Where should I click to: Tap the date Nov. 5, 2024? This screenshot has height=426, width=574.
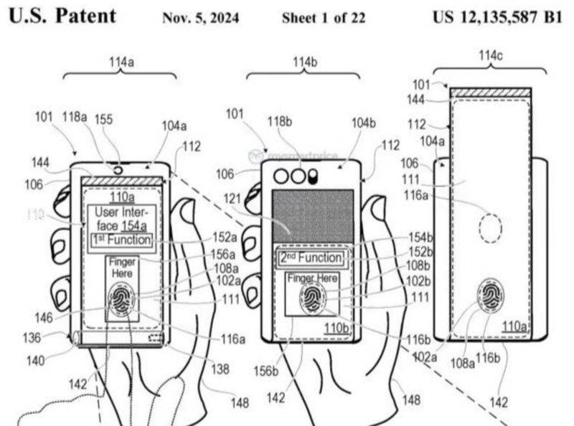pyautogui.click(x=202, y=18)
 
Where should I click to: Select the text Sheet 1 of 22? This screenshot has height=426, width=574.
pyautogui.click(x=323, y=18)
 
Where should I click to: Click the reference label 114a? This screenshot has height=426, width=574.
pyautogui.click(x=121, y=63)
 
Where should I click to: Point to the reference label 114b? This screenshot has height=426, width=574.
pyautogui.click(x=304, y=62)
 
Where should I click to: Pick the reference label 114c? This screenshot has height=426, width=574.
pyautogui.click(x=490, y=55)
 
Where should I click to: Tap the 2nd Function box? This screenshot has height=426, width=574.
pyautogui.click(x=312, y=257)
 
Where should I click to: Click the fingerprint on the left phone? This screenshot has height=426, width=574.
pyautogui.click(x=121, y=299)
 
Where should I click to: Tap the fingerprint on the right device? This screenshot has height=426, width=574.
pyautogui.click(x=491, y=295)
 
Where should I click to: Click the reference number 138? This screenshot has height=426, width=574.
pyautogui.click(x=220, y=369)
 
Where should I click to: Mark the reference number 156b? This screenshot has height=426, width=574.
pyautogui.click(x=266, y=371)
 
